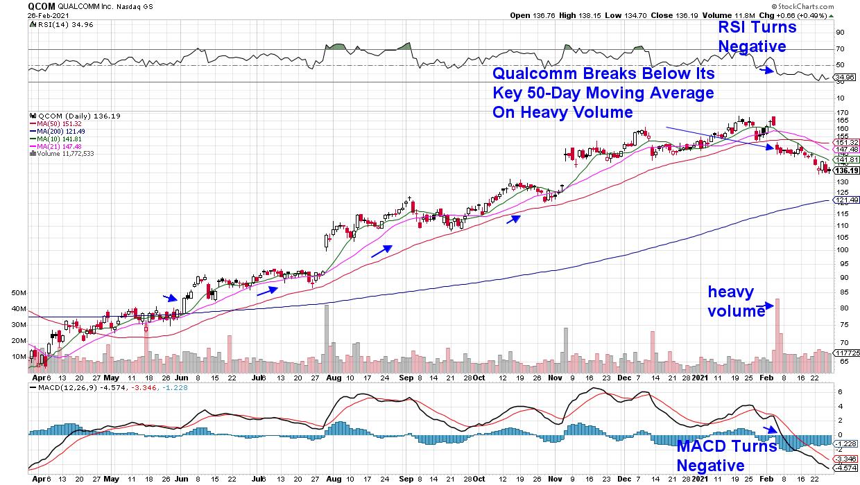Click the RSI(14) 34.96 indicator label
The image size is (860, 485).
tap(54, 24)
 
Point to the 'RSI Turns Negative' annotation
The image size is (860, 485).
tap(757, 37)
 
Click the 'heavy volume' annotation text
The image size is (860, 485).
tap(735, 301)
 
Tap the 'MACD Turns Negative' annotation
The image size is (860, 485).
tap(725, 456)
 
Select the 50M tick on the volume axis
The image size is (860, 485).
tap(19, 293)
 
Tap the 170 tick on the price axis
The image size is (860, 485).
tap(842, 112)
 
